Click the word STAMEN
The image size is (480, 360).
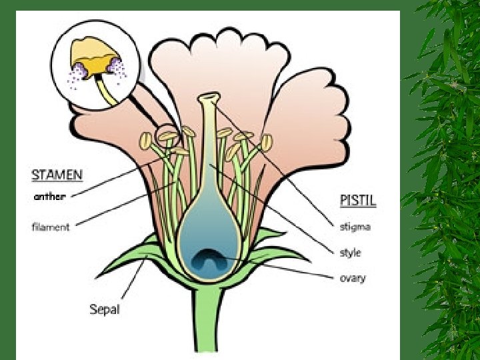tap(57, 176)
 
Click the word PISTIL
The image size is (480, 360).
tap(358, 200)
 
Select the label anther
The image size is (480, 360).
tap(49, 197)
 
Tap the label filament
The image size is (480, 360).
tap(51, 227)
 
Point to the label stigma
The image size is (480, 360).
tap(355, 227)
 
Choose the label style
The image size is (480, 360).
tap(350, 253)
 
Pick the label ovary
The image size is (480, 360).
tap(352, 277)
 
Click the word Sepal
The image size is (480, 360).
tap(106, 309)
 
